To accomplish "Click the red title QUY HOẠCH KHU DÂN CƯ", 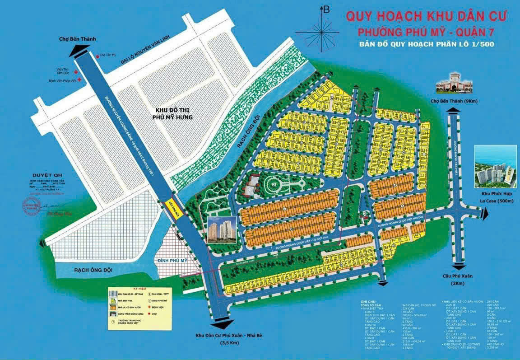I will click(x=427, y=16).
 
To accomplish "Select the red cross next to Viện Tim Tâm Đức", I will click(x=76, y=72).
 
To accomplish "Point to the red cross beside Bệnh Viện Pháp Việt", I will click(x=80, y=80).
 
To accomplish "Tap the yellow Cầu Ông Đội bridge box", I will click(x=172, y=209).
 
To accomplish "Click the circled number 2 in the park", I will click(x=273, y=185).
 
